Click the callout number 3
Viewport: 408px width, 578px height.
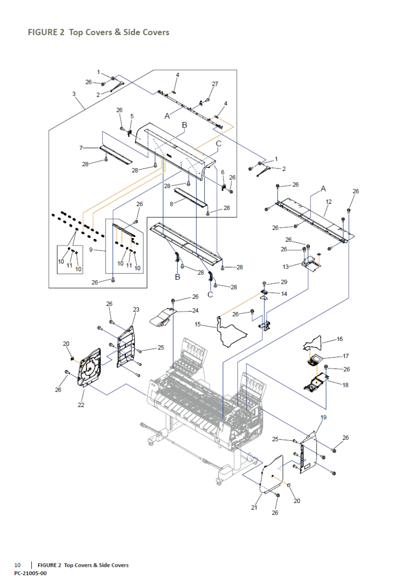point(74,94)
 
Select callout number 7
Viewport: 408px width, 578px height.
point(82,148)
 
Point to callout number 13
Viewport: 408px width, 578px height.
point(286,266)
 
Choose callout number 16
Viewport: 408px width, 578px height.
point(340,339)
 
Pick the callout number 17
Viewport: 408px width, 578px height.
point(345,356)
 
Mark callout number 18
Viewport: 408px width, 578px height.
point(345,385)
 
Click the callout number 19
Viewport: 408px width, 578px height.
point(323,417)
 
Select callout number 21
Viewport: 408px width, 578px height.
point(254,507)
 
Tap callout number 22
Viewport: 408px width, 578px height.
point(81,405)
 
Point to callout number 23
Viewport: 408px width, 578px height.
point(136,309)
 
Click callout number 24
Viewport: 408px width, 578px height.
point(195,310)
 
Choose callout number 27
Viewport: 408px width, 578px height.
point(215,84)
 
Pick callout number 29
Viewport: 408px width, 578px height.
point(284,281)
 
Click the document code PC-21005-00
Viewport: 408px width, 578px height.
point(30,573)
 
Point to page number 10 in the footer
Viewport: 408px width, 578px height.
point(17,565)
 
